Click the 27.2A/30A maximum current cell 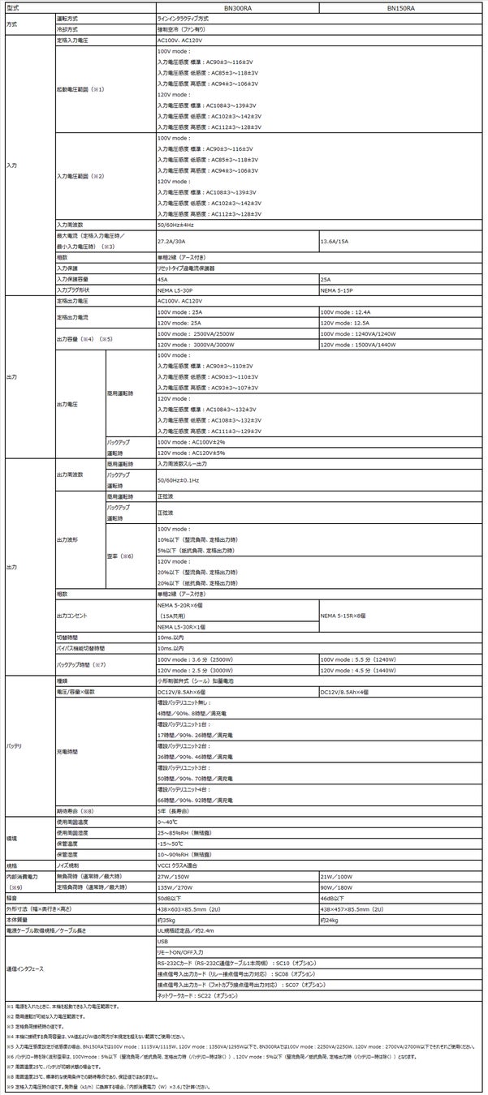172,241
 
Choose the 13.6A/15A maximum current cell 335,241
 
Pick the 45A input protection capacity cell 162,277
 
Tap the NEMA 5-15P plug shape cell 338,289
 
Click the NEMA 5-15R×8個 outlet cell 345,616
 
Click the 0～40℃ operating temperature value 169,821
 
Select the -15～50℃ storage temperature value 171,843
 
